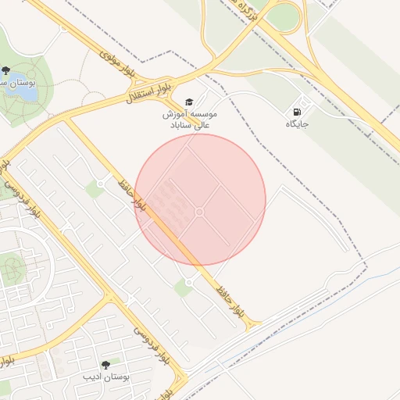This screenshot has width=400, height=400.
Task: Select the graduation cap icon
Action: [x=188, y=102]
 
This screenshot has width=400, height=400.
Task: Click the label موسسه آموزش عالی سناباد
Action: [x=189, y=120]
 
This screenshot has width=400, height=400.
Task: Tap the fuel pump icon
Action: [x=297, y=112]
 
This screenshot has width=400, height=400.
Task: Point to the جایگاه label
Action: [x=297, y=124]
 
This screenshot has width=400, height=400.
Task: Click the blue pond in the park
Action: [x=20, y=91]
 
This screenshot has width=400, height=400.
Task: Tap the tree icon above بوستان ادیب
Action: [x=105, y=365]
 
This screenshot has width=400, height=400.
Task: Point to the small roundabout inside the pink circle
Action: [x=200, y=212]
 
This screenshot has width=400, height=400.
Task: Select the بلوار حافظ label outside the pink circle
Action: [x=231, y=303]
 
